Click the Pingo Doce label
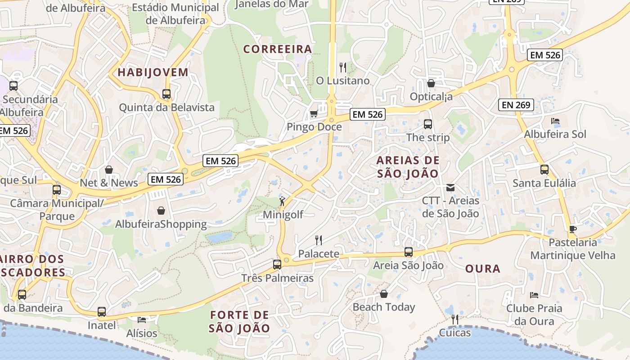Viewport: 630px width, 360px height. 314,127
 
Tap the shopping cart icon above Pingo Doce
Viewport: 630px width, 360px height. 314,113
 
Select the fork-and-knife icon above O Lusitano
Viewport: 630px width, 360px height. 343,67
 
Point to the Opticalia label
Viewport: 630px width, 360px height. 431,96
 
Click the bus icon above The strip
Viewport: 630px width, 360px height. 428,124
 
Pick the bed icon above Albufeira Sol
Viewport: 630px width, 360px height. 555,121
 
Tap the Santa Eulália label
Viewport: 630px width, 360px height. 544,183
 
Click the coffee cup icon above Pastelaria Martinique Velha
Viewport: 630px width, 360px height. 572,229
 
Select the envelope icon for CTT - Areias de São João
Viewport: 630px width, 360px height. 450,188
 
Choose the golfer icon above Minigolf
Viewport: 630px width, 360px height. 282,201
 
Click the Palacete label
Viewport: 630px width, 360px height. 319,254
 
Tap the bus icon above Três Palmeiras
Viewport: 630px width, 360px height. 277,264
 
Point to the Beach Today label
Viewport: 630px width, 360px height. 383,307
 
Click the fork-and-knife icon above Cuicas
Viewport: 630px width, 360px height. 455,319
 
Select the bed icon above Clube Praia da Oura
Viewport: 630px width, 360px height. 534,295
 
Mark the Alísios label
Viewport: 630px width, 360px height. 142,333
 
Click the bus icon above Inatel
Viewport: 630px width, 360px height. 102,311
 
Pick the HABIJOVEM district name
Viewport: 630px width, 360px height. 153,72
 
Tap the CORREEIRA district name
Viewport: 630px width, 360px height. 278,49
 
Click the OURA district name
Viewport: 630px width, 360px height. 482,269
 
